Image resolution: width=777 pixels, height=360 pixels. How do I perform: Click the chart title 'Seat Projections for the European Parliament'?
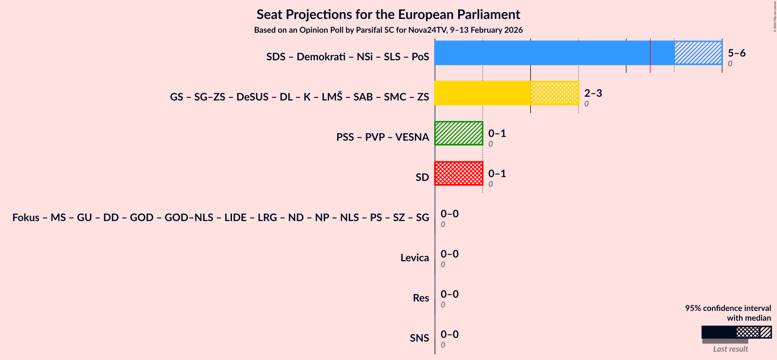[x=388, y=14]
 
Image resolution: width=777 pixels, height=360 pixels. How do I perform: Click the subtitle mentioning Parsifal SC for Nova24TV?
[x=388, y=30]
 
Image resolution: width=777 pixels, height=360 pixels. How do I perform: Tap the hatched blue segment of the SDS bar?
[x=698, y=53]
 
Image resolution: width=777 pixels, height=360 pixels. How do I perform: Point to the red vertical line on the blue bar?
[x=650, y=56]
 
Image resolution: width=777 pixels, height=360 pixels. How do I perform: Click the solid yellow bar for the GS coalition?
[x=482, y=93]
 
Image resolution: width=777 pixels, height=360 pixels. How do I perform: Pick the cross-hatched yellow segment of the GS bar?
[x=554, y=93]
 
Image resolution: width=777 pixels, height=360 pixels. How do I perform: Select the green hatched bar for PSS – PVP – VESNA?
[x=459, y=133]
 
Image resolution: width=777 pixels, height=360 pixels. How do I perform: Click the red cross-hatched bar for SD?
[x=459, y=173]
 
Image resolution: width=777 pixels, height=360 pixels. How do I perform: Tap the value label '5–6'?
[x=736, y=53]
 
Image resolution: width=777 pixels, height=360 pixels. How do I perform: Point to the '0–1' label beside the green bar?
[x=497, y=133]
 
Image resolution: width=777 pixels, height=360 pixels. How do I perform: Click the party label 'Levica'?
[x=414, y=258]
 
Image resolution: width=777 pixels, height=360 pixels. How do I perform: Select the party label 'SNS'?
[x=419, y=338]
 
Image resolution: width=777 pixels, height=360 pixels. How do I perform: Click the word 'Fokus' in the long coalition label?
[x=26, y=217]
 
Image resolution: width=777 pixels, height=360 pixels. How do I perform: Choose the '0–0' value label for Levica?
[x=449, y=254]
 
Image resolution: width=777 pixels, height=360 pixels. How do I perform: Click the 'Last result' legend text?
[x=730, y=349]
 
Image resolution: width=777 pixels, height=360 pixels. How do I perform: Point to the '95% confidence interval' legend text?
[x=728, y=308]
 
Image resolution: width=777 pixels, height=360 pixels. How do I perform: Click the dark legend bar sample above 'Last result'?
[x=718, y=332]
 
